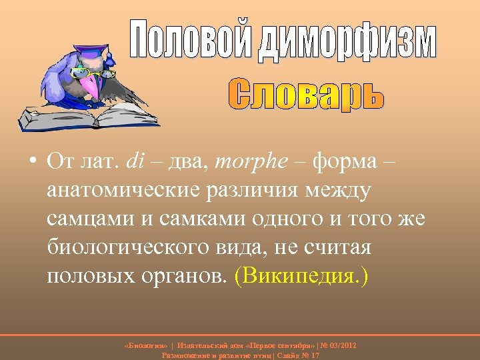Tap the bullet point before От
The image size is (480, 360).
(x=33, y=162)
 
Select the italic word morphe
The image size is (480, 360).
(x=261, y=161)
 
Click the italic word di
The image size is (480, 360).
(x=135, y=161)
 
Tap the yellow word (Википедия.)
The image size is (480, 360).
(x=301, y=276)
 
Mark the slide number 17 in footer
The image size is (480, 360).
(x=315, y=355)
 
